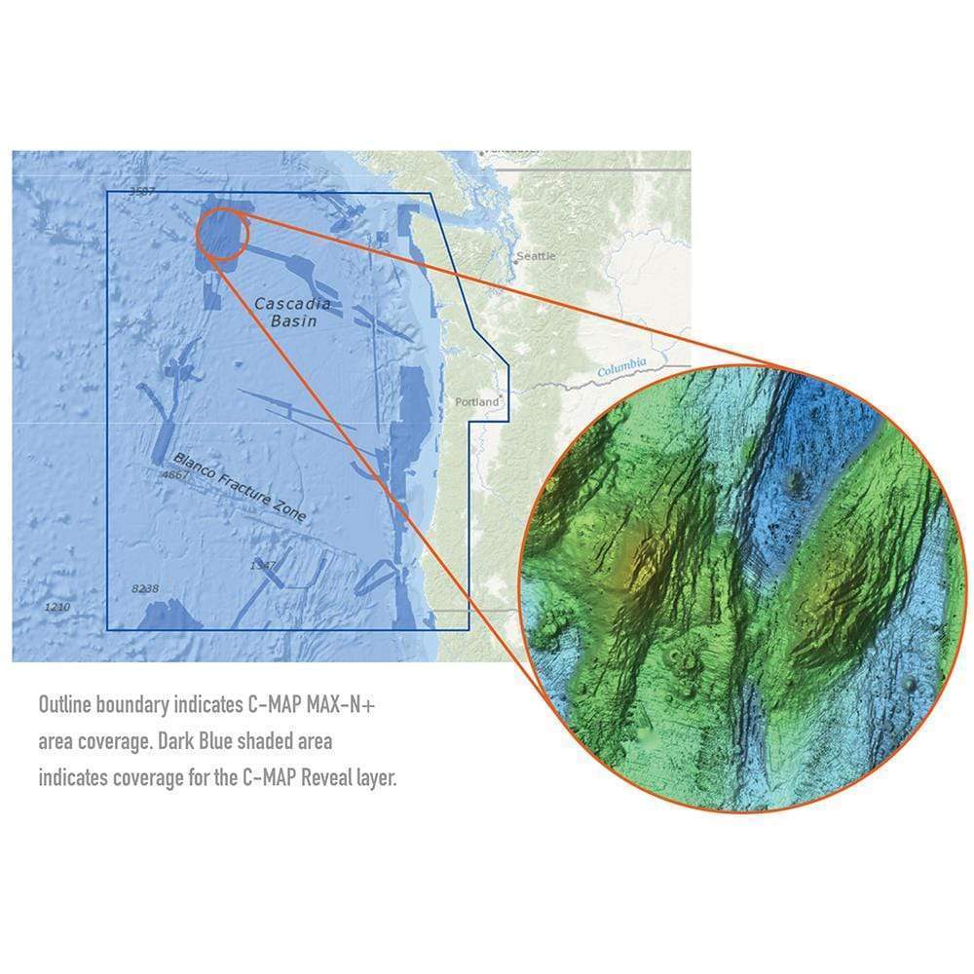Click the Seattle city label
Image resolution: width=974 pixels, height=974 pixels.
pyautogui.click(x=537, y=256)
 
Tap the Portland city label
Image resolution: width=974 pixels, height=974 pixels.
pyautogui.click(x=477, y=401)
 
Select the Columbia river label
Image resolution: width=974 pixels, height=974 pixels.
pyautogui.click(x=621, y=369)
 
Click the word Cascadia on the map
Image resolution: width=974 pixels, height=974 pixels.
pyautogui.click(x=292, y=304)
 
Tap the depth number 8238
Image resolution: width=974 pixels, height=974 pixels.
pyautogui.click(x=144, y=588)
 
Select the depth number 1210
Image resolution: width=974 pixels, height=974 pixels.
pyautogui.click(x=57, y=607)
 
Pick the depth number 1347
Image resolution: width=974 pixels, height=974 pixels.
pyautogui.click(x=263, y=565)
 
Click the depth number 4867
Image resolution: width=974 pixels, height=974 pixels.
pyautogui.click(x=173, y=475)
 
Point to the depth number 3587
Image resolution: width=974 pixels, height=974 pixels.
pyautogui.click(x=142, y=191)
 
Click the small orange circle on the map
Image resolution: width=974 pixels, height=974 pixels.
pyautogui.click(x=224, y=232)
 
